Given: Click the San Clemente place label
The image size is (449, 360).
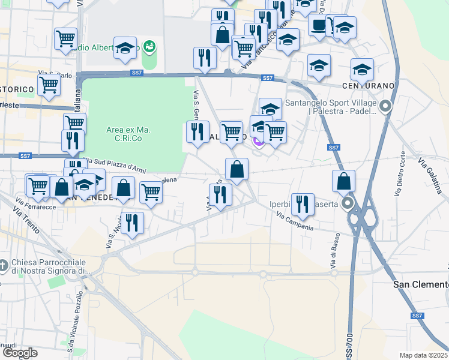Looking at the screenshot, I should [x=421, y=284].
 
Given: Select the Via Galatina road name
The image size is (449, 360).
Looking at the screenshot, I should [x=431, y=174].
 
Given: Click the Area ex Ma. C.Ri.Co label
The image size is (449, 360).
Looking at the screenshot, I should [x=128, y=134].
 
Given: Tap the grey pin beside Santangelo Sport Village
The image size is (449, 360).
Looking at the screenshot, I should [x=386, y=108].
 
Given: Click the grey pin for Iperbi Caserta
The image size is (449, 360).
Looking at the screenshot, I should [x=348, y=205].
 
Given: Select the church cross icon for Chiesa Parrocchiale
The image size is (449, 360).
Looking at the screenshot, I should [x=4, y=264].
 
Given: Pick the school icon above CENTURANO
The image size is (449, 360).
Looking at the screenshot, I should [x=362, y=69].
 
